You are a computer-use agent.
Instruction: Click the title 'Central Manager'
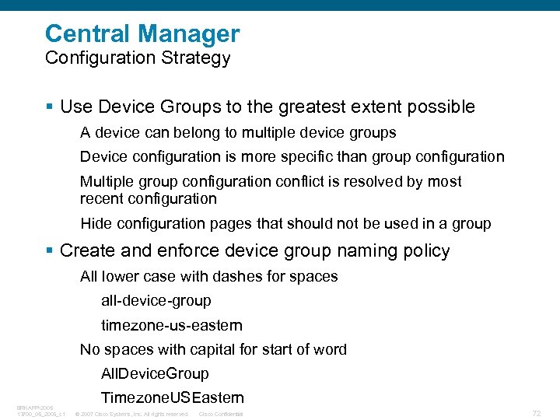click(x=142, y=33)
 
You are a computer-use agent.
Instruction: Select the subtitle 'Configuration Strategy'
click(x=138, y=58)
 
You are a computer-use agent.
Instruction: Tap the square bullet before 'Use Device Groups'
click(x=50, y=107)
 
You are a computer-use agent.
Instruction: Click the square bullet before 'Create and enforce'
click(x=50, y=251)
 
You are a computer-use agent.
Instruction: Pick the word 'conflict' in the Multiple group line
click(x=303, y=181)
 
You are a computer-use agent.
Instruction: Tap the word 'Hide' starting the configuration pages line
click(x=96, y=224)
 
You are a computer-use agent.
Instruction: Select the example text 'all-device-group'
click(x=156, y=300)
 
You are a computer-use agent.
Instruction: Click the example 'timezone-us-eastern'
click(x=171, y=325)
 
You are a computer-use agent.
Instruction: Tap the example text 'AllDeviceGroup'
click(x=155, y=373)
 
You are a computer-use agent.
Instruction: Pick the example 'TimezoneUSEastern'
click(x=172, y=397)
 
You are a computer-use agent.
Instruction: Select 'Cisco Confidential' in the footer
click(x=221, y=414)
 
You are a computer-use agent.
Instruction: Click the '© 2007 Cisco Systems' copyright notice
click(x=131, y=414)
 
